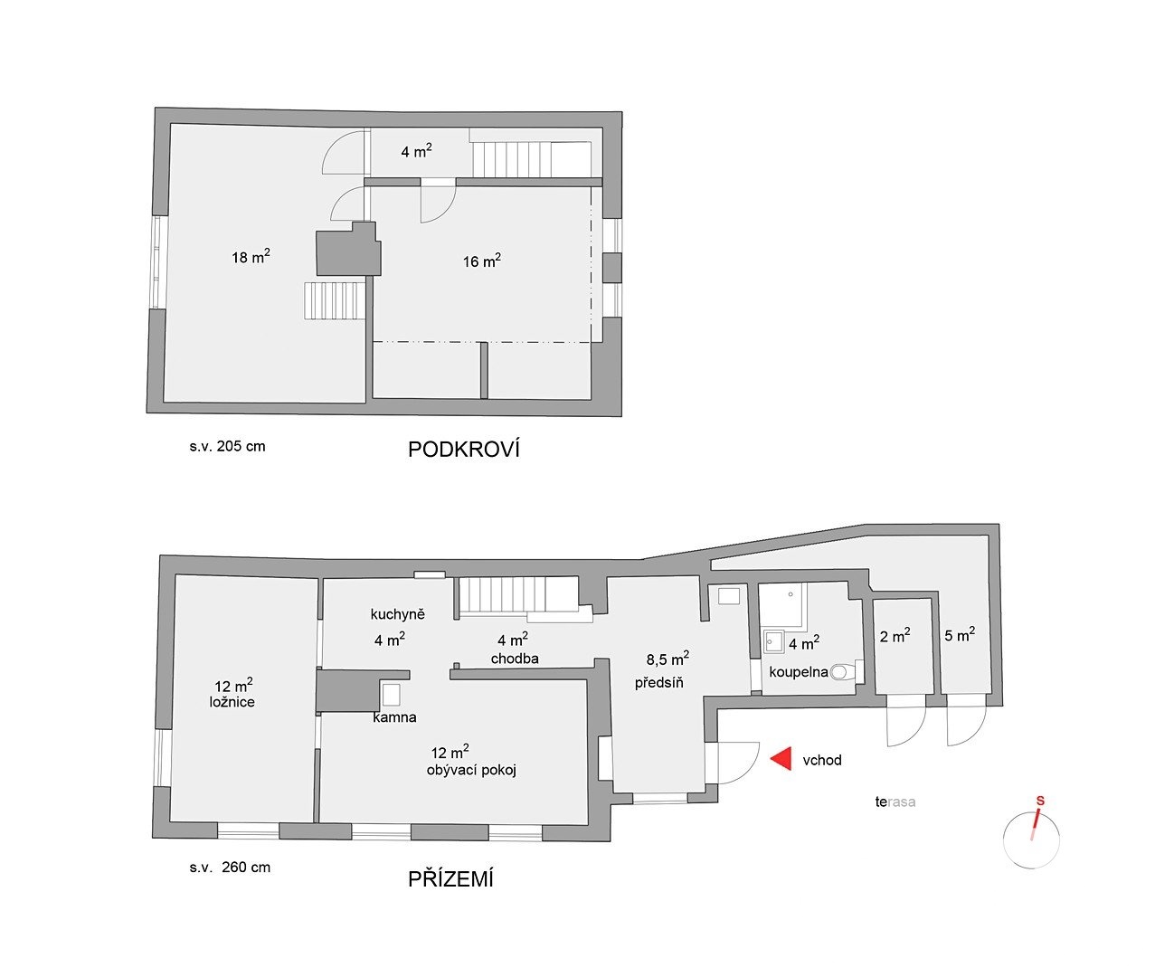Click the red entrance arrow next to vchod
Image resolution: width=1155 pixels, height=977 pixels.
pyautogui.click(x=783, y=759)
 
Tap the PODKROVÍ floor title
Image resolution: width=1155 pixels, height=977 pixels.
pyautogui.click(x=464, y=450)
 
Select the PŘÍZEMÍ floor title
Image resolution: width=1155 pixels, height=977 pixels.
pyautogui.click(x=450, y=879)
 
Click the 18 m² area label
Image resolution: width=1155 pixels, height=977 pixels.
pyautogui.click(x=251, y=257)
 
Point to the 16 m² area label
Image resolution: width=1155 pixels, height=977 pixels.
pyautogui.click(x=482, y=261)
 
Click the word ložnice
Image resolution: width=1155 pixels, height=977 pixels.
pyautogui.click(x=232, y=702)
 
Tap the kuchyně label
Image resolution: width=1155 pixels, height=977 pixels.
pyautogui.click(x=397, y=614)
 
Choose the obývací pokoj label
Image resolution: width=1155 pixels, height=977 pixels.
pyautogui.click(x=471, y=770)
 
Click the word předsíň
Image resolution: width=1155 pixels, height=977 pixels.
pyautogui.click(x=658, y=682)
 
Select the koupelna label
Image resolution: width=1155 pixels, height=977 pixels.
pyautogui.click(x=799, y=672)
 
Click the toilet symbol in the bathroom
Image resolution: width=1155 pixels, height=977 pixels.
pyautogui.click(x=841, y=672)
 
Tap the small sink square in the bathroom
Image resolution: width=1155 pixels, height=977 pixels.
pyautogui.click(x=774, y=641)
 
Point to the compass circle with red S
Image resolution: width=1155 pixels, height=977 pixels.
pyautogui.click(x=1031, y=839)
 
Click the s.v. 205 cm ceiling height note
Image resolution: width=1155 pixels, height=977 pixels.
pyautogui.click(x=227, y=447)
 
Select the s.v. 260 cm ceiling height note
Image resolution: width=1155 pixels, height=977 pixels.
pyautogui.click(x=230, y=868)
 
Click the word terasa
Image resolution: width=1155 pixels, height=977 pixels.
pyautogui.click(x=895, y=802)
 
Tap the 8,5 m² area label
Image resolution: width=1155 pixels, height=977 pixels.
pyautogui.click(x=667, y=659)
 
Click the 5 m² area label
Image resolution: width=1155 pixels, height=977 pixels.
pyautogui.click(x=960, y=634)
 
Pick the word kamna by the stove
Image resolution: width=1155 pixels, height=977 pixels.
pyautogui.click(x=394, y=717)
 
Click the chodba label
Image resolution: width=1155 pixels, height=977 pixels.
pyautogui.click(x=515, y=659)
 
